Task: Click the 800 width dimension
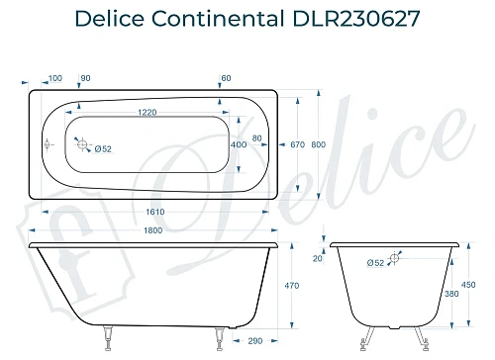317,145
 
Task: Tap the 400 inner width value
239,145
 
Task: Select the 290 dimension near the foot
254,340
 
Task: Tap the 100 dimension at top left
54,78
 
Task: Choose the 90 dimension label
85,78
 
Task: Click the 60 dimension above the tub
227,78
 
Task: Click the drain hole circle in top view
83,144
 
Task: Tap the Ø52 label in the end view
375,263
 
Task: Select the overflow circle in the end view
394,258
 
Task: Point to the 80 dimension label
257,137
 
